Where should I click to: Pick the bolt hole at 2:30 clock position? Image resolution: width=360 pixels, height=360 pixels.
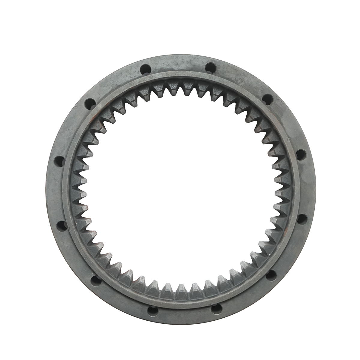pyautogui.click(x=301, y=155)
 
